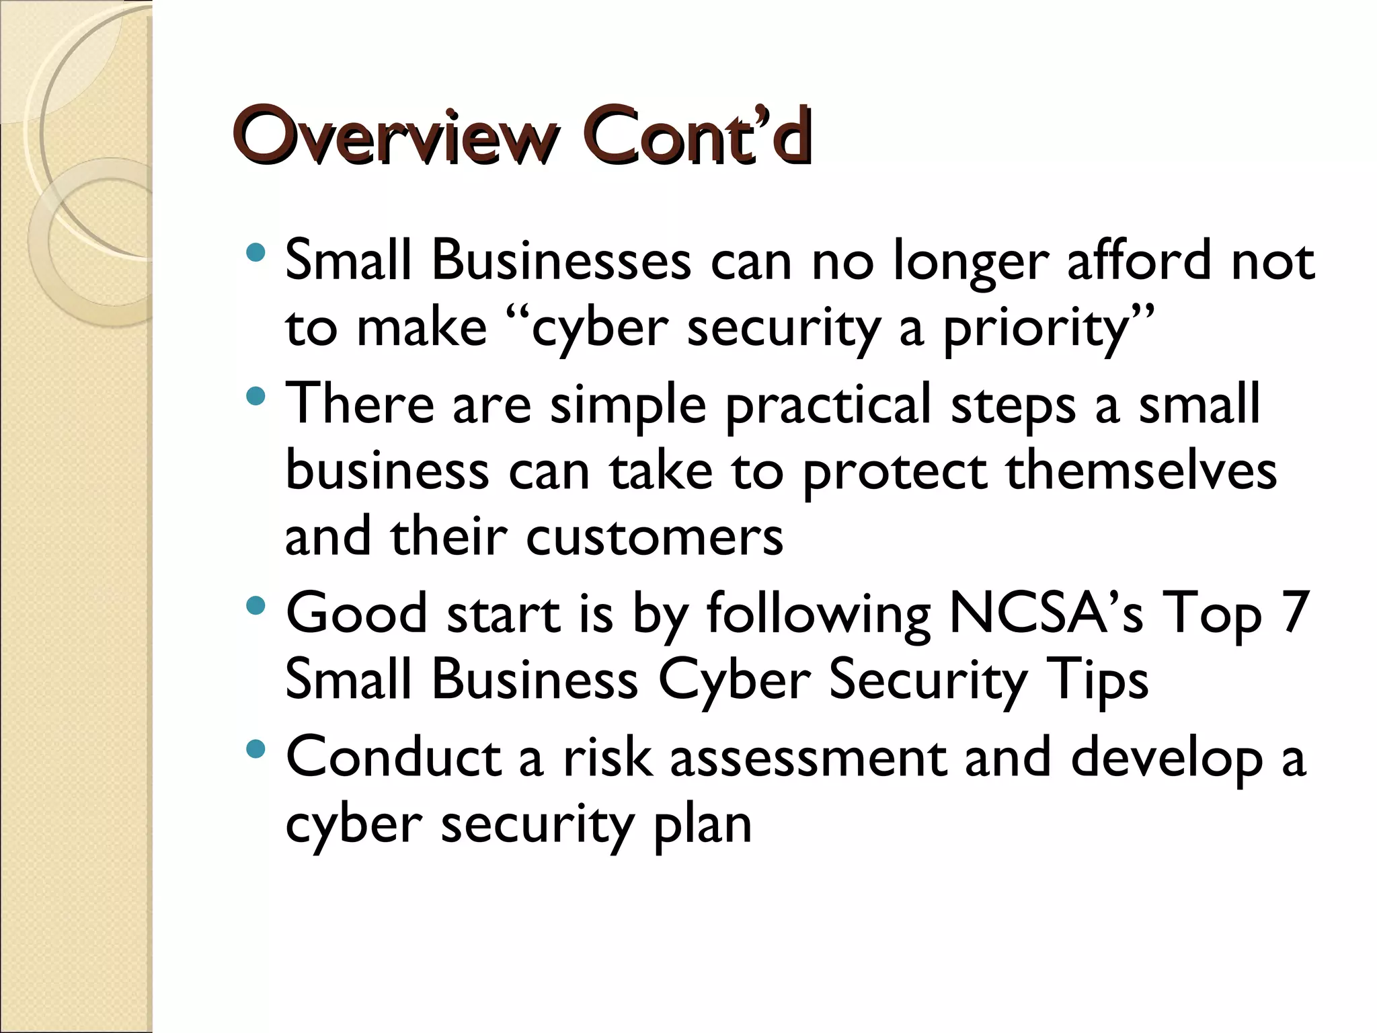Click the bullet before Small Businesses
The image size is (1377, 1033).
pos(256,253)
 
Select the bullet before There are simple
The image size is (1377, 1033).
pos(256,396)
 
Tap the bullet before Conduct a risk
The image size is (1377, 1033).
pos(256,749)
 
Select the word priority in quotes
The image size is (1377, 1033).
pos(1036,330)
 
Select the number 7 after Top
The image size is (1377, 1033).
pos(1294,612)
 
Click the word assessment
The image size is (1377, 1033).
pos(808,757)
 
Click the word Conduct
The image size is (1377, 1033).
pos(394,757)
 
